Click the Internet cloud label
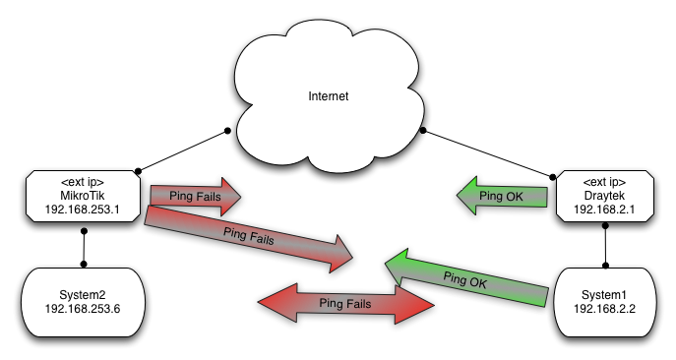pyautogui.click(x=329, y=97)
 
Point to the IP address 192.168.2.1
pyautogui.click(x=603, y=210)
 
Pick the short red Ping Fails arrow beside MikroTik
pyautogui.click(x=194, y=197)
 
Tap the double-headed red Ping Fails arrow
pyautogui.click(x=345, y=305)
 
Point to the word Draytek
pyautogui.click(x=603, y=195)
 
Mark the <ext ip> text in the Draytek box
pyautogui.click(x=603, y=181)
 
